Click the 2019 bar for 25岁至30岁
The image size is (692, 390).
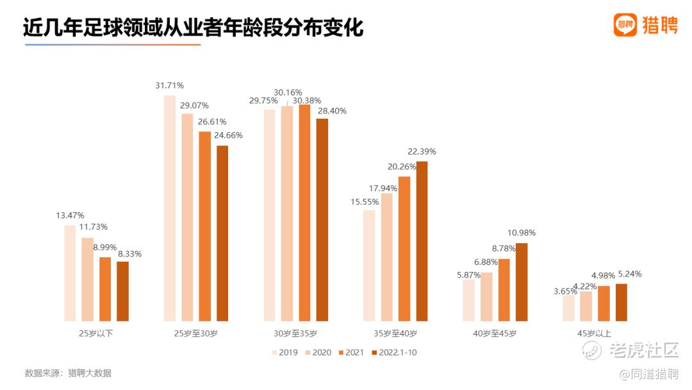169,208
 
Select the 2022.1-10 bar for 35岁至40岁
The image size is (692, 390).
422,241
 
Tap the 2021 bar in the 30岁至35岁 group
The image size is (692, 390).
304,212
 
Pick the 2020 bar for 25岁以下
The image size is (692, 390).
87,279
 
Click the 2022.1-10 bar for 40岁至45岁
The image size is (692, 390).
522,282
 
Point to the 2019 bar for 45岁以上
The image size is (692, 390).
568,308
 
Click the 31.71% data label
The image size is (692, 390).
169,85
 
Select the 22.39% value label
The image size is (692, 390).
422,151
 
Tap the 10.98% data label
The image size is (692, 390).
522,233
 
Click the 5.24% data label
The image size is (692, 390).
629,274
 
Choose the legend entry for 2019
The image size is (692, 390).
284,352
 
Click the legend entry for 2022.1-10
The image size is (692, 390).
394,352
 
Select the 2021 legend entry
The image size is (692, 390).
350,352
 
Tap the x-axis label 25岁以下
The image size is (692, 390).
96,334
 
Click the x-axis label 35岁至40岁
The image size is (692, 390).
395,334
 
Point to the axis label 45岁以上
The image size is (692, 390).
595,334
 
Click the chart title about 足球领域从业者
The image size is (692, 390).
193,28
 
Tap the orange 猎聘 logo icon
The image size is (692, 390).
625,24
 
